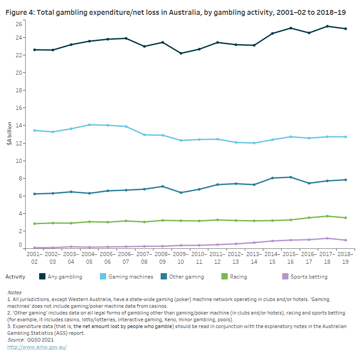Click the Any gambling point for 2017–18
[x=327, y=26]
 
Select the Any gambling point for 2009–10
[x=181, y=53]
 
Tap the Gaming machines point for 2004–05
[x=90, y=125]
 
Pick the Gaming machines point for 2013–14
[x=254, y=143]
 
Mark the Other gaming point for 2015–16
[x=291, y=177]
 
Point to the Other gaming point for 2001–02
[x=35, y=194]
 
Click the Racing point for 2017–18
[x=327, y=216]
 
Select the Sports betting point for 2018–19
[x=345, y=240]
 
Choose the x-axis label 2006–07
[x=126, y=257]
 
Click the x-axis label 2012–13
[x=236, y=257]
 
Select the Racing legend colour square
[x=221, y=277]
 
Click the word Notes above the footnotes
[x=14, y=292]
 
